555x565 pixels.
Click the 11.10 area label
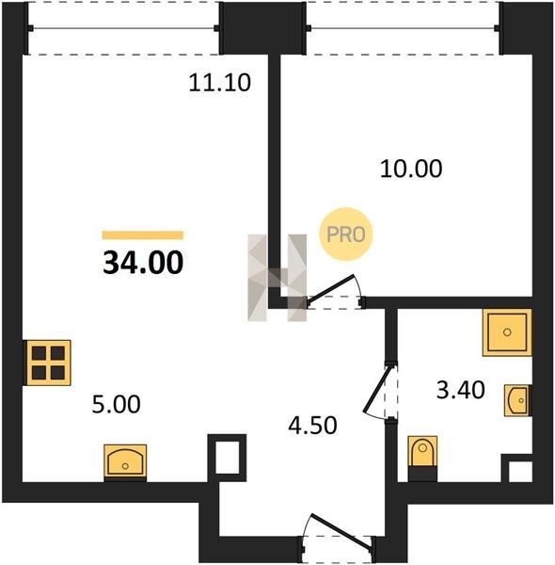tap(219, 83)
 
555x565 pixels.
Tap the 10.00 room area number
tap(411, 169)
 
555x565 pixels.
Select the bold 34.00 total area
tap(143, 263)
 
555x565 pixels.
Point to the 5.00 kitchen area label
tap(117, 404)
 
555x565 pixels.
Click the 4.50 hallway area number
tap(312, 426)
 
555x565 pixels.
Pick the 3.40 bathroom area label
tap(461, 390)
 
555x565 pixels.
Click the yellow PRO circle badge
tap(346, 234)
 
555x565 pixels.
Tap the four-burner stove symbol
tap(47, 363)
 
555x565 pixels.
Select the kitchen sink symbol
tap(125, 462)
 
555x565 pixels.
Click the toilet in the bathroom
tap(422, 459)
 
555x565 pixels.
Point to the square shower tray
tap(507, 332)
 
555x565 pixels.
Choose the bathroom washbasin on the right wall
tap(518, 400)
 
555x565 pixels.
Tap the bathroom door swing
tap(378, 391)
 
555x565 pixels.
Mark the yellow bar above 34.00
tap(143, 235)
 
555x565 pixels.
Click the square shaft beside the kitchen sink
tap(228, 458)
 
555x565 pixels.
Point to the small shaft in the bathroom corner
tap(517, 468)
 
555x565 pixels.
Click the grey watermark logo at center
tap(277, 278)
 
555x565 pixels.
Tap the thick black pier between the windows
tap(262, 28)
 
